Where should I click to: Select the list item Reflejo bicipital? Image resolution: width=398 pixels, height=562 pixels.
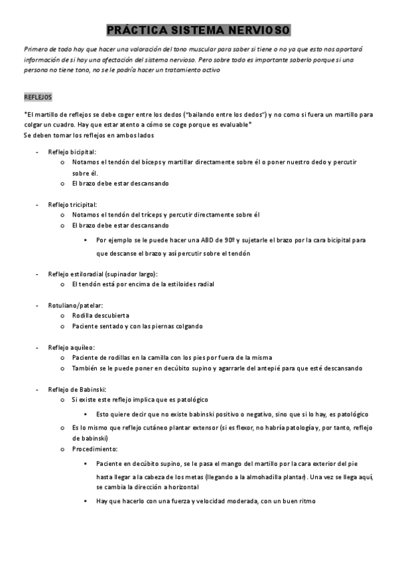[72, 152]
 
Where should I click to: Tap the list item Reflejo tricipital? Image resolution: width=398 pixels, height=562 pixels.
[73, 205]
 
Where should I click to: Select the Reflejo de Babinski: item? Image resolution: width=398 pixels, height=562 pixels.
[77, 389]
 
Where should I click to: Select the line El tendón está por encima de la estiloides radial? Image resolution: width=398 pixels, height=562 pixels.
[143, 284]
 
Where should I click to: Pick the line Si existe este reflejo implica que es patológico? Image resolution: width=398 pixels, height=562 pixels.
[139, 400]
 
